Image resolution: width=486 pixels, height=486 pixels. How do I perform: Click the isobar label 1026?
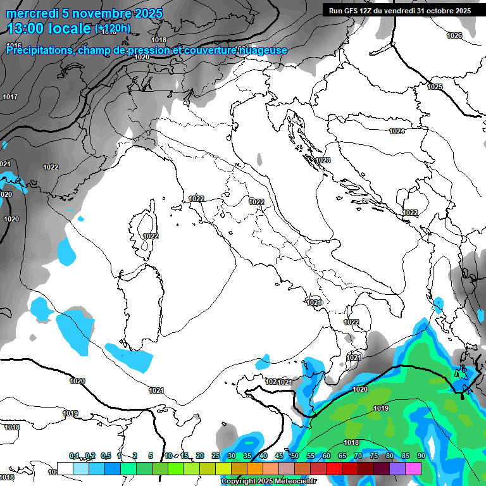tap(454, 35)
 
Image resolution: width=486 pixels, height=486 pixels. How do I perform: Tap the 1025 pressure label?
tap(435, 87)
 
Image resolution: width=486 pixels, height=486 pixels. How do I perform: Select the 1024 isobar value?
tap(397, 131)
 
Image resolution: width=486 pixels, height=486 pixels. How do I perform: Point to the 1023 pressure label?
tap(323, 160)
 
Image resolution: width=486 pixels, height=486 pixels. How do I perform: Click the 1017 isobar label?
tap(10, 97)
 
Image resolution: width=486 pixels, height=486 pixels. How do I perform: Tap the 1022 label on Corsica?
tap(151, 235)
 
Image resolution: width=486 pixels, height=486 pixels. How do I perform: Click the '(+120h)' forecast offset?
tap(113, 28)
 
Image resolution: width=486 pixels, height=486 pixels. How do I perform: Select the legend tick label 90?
tap(421, 456)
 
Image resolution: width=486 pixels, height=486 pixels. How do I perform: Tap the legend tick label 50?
tap(295, 456)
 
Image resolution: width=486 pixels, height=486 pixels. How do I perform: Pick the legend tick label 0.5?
tap(105, 456)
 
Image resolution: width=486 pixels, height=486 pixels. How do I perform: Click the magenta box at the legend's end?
tap(413, 468)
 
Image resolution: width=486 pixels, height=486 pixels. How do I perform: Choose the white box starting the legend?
tap(65, 468)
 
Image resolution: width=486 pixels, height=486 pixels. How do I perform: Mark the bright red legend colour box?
tap(334, 468)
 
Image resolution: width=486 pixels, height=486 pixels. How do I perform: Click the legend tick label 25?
tap(216, 456)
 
